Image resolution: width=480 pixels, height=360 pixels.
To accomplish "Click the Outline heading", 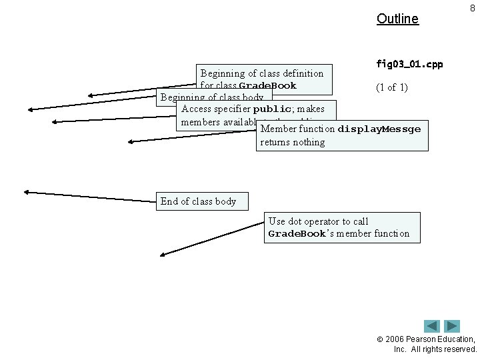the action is [x=397, y=19].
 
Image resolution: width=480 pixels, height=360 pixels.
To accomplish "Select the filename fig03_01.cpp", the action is [x=409, y=65].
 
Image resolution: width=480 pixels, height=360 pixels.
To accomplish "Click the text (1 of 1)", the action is [x=392, y=87].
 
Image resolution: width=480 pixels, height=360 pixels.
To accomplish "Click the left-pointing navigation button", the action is [x=432, y=326].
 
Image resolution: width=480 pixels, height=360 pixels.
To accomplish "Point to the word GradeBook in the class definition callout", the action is [x=267, y=86].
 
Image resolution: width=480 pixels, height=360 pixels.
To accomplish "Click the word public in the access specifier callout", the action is [x=272, y=109].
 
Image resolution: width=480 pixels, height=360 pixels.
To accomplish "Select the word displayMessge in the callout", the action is [x=379, y=129].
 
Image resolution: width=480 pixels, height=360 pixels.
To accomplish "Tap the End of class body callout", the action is [x=198, y=201].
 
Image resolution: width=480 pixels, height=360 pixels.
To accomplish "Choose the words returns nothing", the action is [x=292, y=142].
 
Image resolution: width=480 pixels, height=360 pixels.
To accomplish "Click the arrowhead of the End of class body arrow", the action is [x=26, y=191].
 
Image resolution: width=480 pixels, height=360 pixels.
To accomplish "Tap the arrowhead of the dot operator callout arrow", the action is [x=163, y=254].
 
